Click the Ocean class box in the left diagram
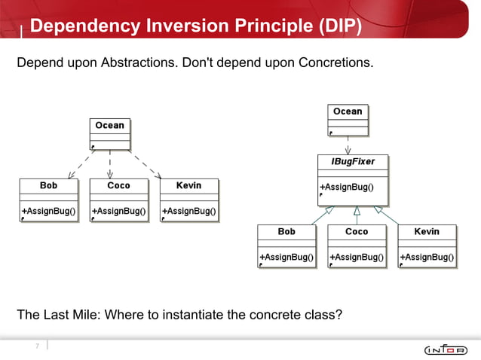(109, 134)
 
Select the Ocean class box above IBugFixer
(348, 121)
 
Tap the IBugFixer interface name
(353, 162)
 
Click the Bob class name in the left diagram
(48, 185)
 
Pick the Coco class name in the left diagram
(118, 185)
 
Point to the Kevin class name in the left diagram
(188, 185)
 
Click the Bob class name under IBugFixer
(286, 231)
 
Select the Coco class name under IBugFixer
(357, 231)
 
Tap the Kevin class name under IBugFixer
(427, 231)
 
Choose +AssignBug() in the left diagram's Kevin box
(188, 212)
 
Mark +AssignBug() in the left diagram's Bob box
(48, 212)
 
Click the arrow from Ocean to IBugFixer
(348, 145)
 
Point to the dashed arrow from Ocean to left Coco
(110, 166)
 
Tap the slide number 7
(36, 346)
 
